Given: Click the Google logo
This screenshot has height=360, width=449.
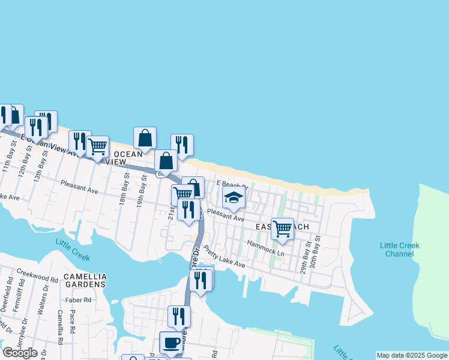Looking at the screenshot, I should click(x=20, y=353).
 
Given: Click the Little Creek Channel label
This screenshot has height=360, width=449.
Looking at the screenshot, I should click(x=400, y=250).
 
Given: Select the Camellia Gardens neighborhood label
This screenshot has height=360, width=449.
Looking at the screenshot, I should click(x=85, y=280).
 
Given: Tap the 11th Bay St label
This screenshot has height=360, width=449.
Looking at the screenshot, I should click(x=9, y=160).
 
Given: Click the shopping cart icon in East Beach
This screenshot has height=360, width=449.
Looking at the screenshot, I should click(x=282, y=227).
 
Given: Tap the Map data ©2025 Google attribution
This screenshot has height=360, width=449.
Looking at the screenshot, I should click(x=412, y=355).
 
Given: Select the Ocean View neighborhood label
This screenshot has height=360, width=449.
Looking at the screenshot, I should click(x=124, y=158).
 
